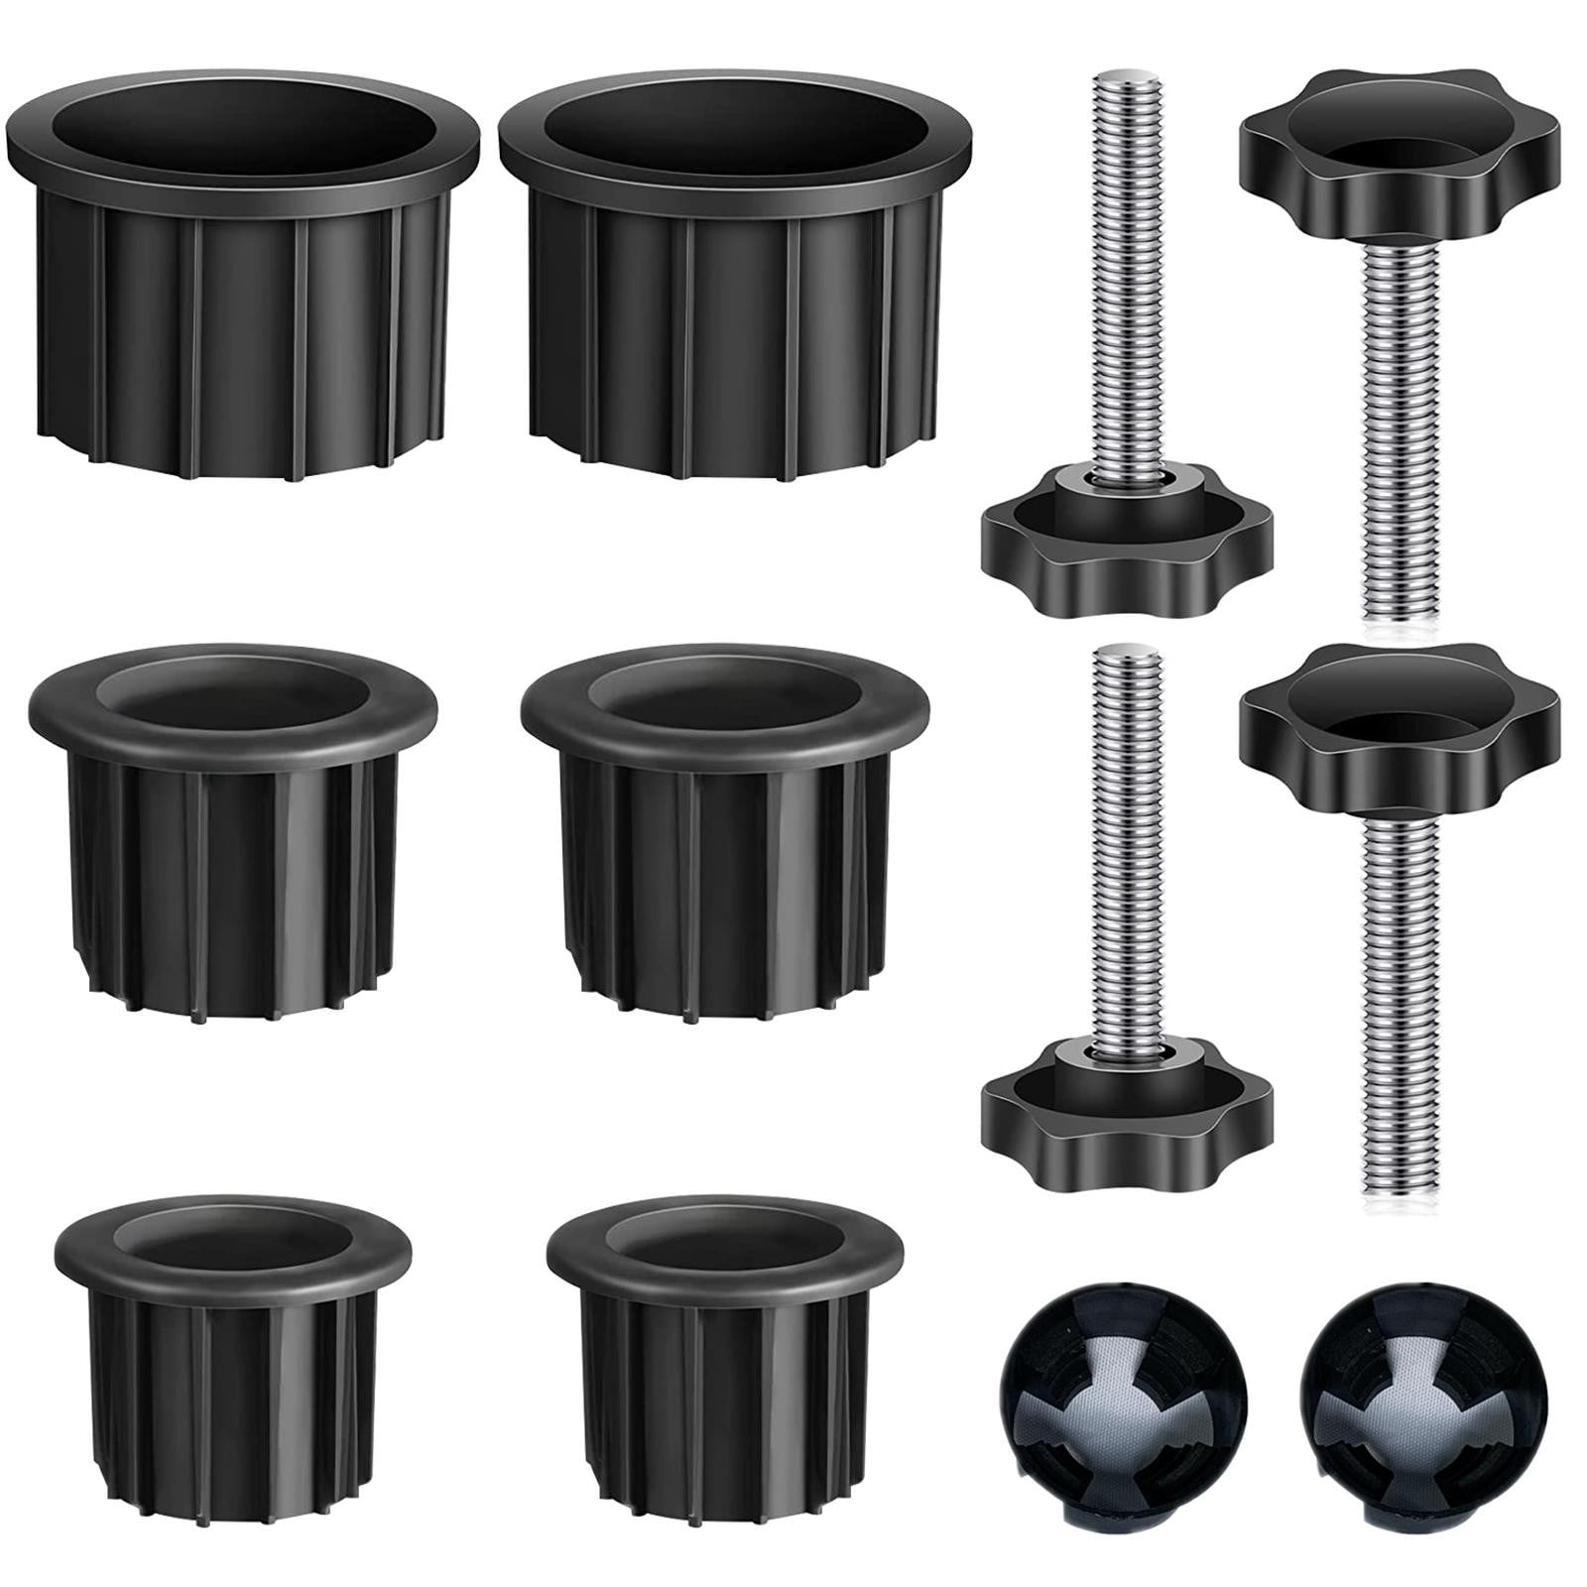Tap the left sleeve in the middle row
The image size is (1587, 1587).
click(x=234, y=823)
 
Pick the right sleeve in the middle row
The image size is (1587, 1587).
click(x=724, y=823)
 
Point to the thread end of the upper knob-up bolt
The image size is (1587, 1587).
click(x=1398, y=605)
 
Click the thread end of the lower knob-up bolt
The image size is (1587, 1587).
click(x=1400, y=1190)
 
